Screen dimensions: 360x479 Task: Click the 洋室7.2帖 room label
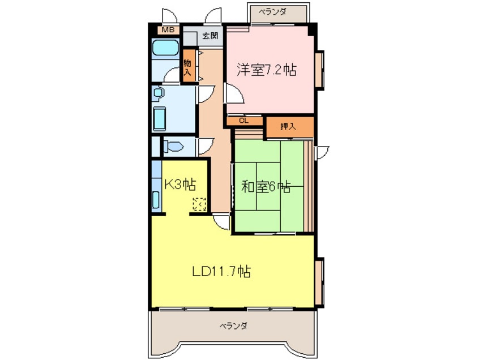pos(267,70)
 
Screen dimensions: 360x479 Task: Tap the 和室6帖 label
pos(266,187)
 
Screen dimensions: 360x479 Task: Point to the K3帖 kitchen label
pos(180,185)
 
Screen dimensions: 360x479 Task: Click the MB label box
pos(168,30)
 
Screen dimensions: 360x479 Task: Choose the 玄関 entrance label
pos(210,37)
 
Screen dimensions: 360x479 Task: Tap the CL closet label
pos(243,121)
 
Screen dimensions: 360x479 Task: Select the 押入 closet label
pos(289,126)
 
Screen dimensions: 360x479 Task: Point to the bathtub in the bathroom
pos(165,49)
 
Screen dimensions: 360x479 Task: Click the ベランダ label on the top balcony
pos(274,12)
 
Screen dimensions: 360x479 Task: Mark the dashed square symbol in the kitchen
pos(199,204)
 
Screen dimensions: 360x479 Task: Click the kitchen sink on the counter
pos(156,200)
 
